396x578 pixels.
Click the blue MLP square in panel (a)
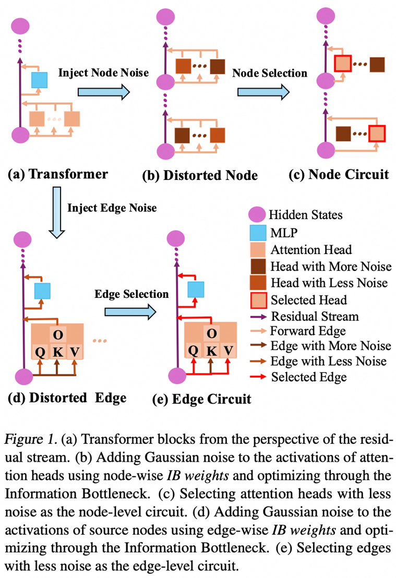(x=39, y=80)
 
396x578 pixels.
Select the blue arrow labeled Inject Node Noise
(x=103, y=92)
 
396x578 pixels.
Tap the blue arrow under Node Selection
(x=263, y=92)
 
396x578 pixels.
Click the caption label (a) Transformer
(x=58, y=174)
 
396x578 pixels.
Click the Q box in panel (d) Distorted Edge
(x=39, y=352)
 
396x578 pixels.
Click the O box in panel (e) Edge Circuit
(x=211, y=333)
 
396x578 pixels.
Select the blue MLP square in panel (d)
(x=42, y=291)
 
